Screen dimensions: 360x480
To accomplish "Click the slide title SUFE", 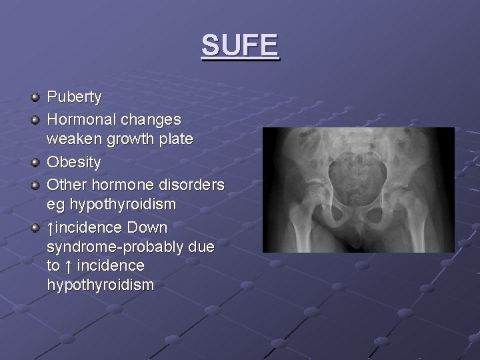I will coord(240,45).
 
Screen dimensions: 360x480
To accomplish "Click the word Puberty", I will coord(74,97).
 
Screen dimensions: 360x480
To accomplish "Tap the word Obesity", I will coord(74,162).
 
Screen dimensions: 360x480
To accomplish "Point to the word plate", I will coord(176,140).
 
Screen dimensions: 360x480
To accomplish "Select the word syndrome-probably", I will coord(119,247).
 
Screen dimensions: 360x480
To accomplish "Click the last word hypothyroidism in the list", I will coord(101,285).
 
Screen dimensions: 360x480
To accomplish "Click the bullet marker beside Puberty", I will coord(36,98).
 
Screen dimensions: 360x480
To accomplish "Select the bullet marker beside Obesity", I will coord(36,163).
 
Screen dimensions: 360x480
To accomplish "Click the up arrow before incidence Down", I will coord(51,227).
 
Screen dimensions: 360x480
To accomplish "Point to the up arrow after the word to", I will coord(69,265).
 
